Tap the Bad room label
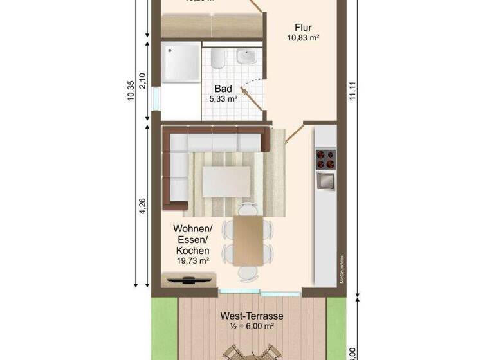point(223,88)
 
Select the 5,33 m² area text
point(223,99)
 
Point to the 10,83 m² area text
point(304,38)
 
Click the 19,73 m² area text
point(192,260)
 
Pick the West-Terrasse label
point(252,316)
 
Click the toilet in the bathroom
point(217,60)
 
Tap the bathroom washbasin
point(246,58)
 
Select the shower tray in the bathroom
point(181,62)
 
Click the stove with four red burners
point(324,157)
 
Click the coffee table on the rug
point(226,181)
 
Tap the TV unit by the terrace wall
point(188,279)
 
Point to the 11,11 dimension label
point(352,90)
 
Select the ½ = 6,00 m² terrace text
point(252,327)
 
